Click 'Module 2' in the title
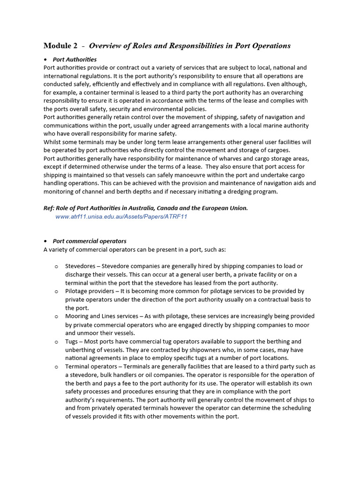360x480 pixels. pyautogui.click(x=60, y=46)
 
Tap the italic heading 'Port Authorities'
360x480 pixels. pyautogui.click(x=75, y=60)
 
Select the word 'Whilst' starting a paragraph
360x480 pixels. pyautogui.click(x=52, y=142)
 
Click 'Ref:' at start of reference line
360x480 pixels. pyautogui.click(x=50, y=208)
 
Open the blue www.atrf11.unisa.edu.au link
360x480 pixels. pyautogui.click(x=121, y=217)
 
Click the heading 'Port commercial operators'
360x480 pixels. pyautogui.click(x=90, y=241)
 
